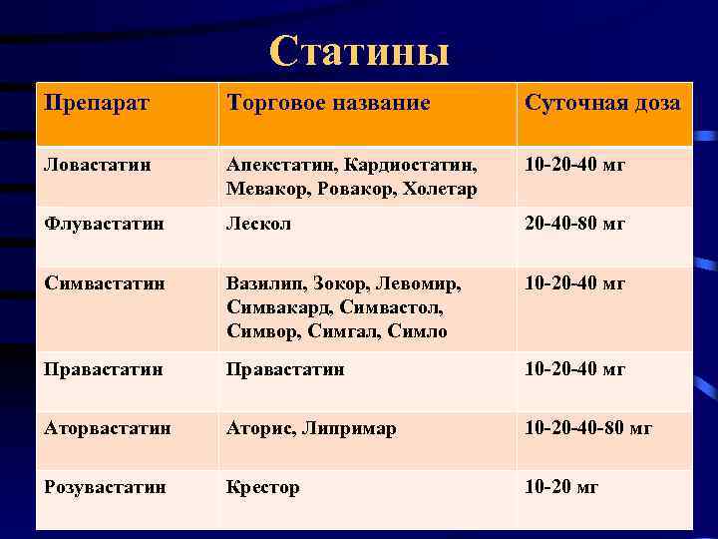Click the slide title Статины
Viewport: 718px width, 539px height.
click(359, 52)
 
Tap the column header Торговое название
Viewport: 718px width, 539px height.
click(328, 103)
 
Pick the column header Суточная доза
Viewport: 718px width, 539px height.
click(602, 103)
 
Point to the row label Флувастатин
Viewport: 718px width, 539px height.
click(101, 224)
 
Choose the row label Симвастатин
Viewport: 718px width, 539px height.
click(102, 283)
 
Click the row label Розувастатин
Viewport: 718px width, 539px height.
click(105, 487)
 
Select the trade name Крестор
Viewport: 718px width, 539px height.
click(262, 487)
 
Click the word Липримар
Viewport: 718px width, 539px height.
click(350, 428)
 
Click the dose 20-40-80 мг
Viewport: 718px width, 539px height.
click(575, 224)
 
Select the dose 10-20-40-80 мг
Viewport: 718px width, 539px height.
click(588, 428)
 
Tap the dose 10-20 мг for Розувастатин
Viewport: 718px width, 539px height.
click(561, 487)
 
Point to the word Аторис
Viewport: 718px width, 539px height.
click(259, 428)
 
